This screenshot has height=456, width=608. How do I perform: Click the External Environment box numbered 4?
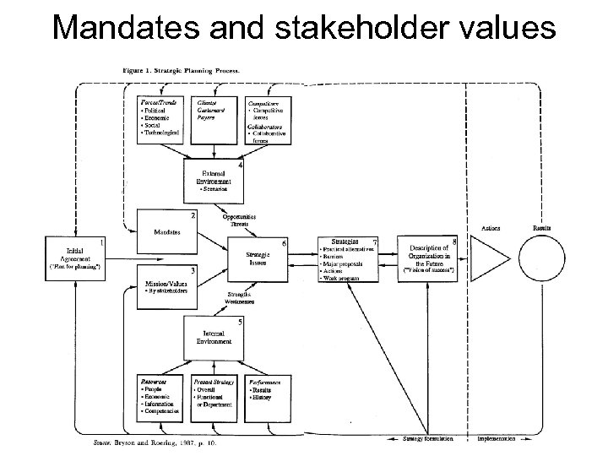(x=214, y=179)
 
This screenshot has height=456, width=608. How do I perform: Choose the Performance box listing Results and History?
(x=268, y=397)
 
